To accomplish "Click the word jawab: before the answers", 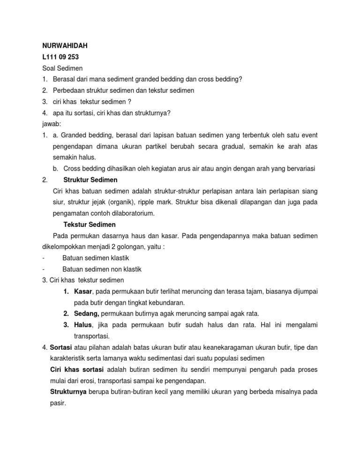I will [46, 124].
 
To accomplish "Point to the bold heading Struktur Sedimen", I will [90, 180].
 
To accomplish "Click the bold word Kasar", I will [83, 292].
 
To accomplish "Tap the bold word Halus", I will [83, 325].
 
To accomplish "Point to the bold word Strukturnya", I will [69, 392].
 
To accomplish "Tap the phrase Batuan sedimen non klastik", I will [102, 270].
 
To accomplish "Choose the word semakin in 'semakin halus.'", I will [65, 158].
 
